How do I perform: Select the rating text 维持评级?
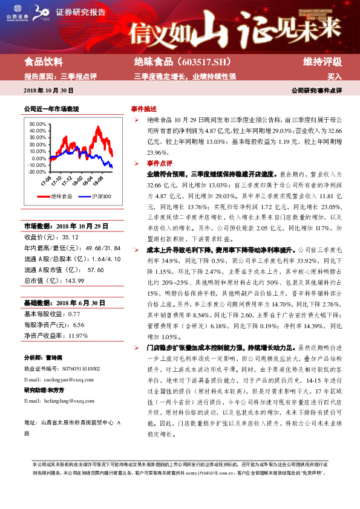[322, 62]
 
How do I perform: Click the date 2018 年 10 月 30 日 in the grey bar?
[48, 89]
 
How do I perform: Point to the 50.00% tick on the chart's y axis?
[38, 124]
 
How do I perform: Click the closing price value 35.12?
[71, 238]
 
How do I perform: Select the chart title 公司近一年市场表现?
[51, 109]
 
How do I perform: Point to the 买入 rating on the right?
[335, 77]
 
